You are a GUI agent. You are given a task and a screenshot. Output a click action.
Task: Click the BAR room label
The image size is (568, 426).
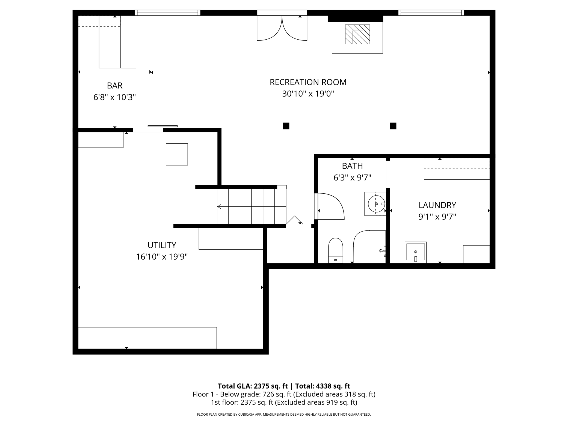tap(114, 86)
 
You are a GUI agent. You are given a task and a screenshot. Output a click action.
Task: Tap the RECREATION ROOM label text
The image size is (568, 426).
tap(308, 82)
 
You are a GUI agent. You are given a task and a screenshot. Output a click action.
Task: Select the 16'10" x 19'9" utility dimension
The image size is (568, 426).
tap(162, 257)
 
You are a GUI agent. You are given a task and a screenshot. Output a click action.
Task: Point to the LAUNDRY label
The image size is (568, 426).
tap(437, 205)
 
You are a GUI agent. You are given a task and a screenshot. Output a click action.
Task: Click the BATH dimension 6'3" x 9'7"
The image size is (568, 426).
tap(352, 178)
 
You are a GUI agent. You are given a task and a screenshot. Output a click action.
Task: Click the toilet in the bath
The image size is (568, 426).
tap(335, 250)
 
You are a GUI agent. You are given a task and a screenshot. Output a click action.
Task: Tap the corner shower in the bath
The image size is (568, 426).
tap(369, 247)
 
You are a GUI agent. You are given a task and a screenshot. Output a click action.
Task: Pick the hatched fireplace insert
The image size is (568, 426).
tap(357, 34)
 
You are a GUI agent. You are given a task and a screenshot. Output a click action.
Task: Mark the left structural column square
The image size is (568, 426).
tap(286, 126)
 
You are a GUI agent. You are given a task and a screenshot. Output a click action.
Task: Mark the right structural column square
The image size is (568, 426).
tap(393, 126)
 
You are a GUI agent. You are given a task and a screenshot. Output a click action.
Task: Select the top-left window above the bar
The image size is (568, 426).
tap(167, 13)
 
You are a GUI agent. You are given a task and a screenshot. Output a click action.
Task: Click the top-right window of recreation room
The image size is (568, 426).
tap(431, 13)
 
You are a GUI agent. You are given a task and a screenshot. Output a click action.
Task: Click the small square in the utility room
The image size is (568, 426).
tap(177, 154)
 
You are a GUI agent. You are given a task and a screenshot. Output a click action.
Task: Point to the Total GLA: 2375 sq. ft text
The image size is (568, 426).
tap(253, 386)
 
